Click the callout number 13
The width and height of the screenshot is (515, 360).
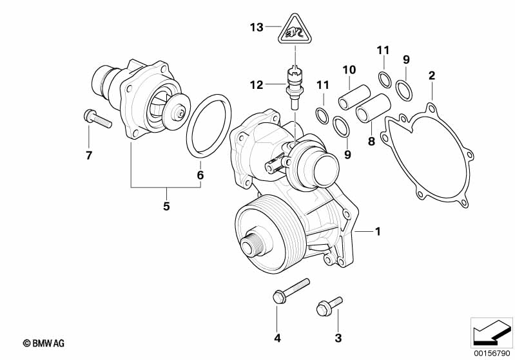(x=257, y=27)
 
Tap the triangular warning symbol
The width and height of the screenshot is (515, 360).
(x=293, y=30)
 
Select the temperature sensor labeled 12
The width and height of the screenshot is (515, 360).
(x=294, y=85)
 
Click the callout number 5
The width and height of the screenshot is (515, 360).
(x=167, y=207)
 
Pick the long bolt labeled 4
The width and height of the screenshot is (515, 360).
(x=289, y=291)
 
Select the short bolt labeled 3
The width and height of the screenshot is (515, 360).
(x=327, y=306)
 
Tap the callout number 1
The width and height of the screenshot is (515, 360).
(x=379, y=231)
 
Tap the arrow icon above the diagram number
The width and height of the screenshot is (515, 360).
(x=491, y=332)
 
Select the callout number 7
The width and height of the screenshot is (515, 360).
(x=89, y=155)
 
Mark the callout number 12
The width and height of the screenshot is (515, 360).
(x=257, y=84)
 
